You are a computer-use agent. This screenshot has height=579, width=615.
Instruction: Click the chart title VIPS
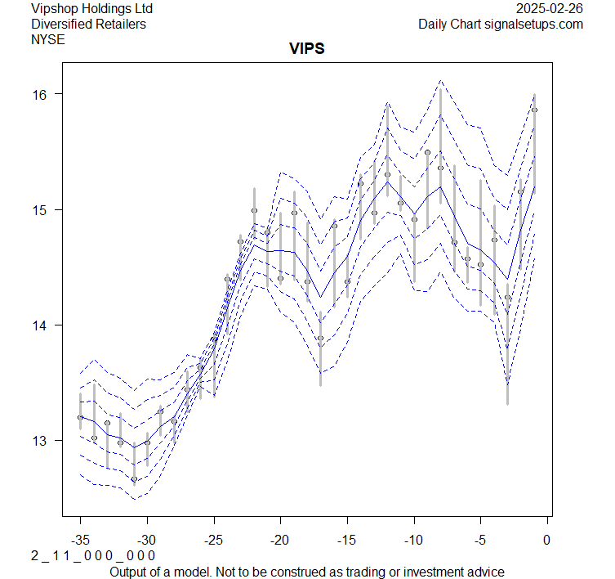(307, 48)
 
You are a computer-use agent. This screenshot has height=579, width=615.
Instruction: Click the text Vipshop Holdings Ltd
(91, 9)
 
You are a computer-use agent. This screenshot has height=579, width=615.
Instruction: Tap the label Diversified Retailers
(88, 25)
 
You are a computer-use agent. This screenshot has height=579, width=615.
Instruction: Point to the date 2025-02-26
(550, 9)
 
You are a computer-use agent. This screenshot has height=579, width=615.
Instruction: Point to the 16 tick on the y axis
(41, 94)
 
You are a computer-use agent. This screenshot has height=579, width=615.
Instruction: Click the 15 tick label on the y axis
(41, 210)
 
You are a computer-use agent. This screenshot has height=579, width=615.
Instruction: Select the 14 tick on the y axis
(41, 325)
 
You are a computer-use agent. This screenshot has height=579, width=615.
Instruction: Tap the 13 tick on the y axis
(41, 441)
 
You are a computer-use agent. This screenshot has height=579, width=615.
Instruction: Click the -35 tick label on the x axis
(80, 540)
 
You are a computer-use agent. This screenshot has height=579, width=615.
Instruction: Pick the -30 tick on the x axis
(147, 540)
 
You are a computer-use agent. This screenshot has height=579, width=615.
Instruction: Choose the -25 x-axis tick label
(213, 540)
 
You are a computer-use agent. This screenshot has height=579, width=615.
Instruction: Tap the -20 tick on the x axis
(280, 540)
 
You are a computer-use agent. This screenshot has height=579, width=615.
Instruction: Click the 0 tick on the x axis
(547, 540)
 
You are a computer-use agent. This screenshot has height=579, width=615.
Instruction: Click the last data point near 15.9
(534, 110)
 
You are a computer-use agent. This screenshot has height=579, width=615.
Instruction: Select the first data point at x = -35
(80, 417)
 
